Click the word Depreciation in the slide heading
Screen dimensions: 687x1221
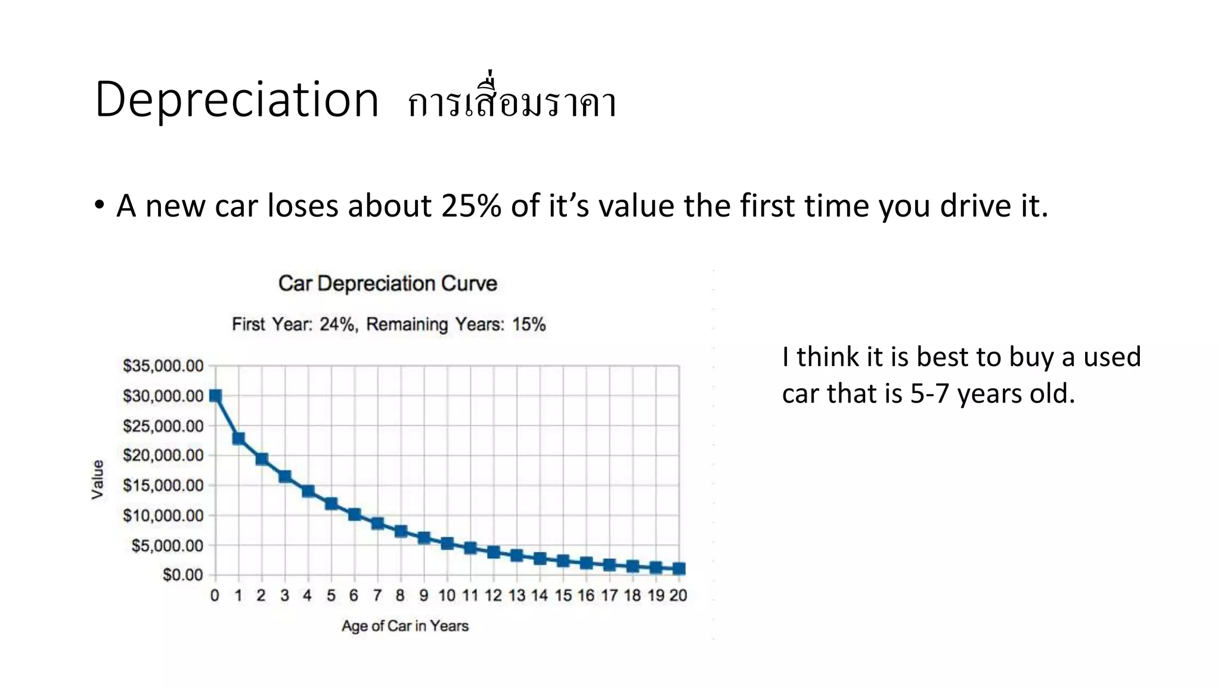click(x=237, y=100)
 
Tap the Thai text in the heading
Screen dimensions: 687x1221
click(x=512, y=101)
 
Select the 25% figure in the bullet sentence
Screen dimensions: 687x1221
click(x=471, y=206)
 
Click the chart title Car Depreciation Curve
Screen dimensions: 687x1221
click(x=388, y=283)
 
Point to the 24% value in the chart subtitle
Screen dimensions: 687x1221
click(x=337, y=324)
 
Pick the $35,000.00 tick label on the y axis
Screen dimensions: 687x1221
click(x=163, y=366)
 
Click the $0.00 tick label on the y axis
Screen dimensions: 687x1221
click(x=182, y=575)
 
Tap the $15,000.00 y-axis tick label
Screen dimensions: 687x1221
click(x=163, y=485)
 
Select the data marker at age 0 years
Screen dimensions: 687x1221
click(x=215, y=396)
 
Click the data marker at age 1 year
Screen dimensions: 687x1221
click(x=238, y=439)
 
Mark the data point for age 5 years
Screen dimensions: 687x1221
click(x=331, y=504)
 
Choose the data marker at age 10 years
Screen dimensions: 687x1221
click(x=447, y=543)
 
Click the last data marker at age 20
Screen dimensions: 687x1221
click(x=678, y=569)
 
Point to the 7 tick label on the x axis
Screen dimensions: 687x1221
click(x=377, y=596)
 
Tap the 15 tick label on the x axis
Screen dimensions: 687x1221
click(x=563, y=596)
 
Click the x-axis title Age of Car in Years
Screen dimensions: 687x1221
click(x=405, y=626)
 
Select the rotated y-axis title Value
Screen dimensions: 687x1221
click(x=98, y=479)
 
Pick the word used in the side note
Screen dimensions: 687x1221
click(x=1111, y=357)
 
